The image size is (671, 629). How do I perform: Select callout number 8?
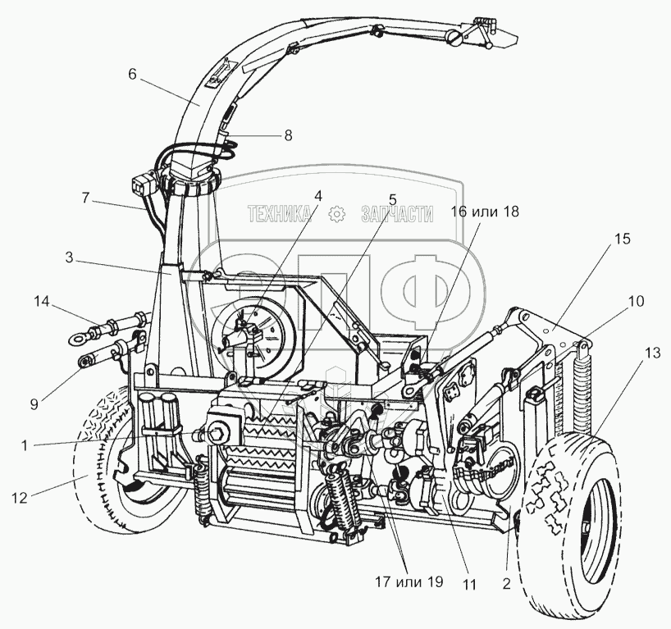tap(287, 135)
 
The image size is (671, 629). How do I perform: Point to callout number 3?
tap(71, 257)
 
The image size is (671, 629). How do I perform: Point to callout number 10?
tap(637, 301)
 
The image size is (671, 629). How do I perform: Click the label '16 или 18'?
tap(484, 211)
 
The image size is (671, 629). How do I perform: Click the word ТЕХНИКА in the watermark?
tap(280, 215)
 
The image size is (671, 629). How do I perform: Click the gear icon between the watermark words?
tap(335, 215)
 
